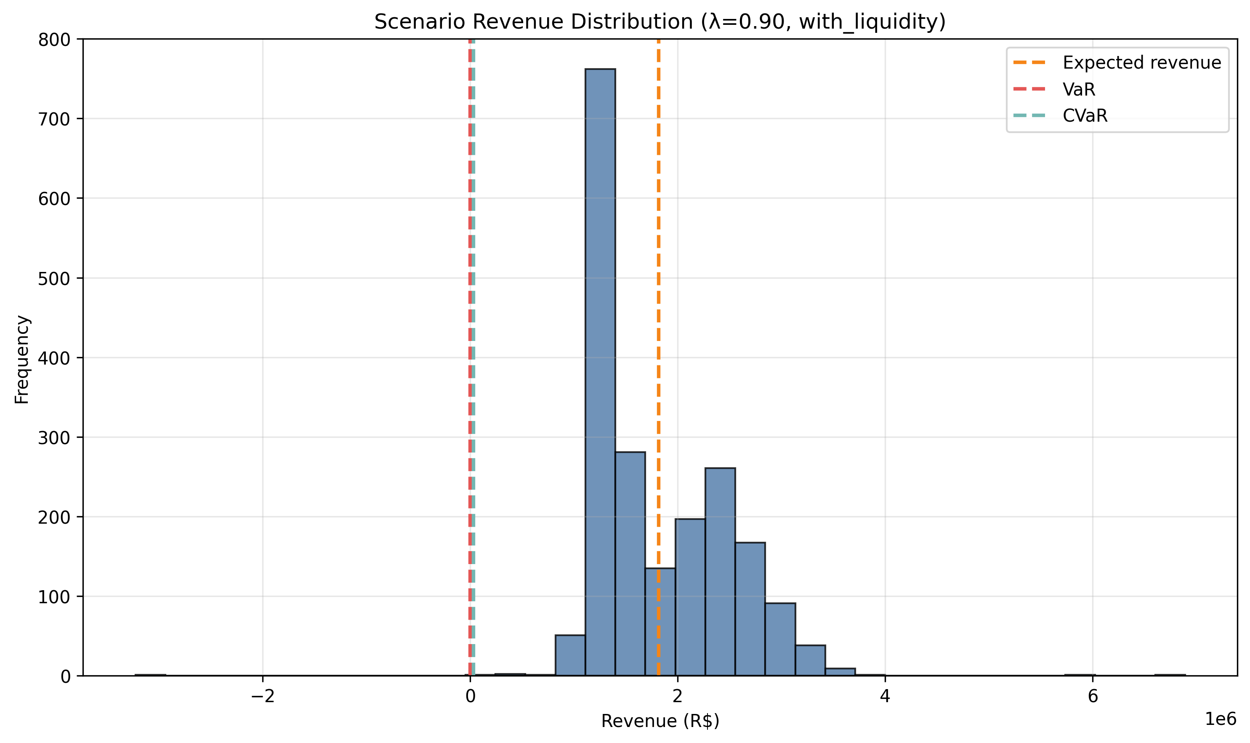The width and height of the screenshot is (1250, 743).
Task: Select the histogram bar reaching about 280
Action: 630,563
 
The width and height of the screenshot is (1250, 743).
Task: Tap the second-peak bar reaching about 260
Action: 720,571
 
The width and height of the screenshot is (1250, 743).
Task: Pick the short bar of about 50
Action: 570,655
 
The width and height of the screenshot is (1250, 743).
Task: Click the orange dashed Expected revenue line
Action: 658,301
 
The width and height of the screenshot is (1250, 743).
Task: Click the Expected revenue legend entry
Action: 1141,63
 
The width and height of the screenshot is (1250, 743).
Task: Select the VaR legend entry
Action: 1079,90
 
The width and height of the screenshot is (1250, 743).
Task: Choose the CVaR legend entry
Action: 1085,116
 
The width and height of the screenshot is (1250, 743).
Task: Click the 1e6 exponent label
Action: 1220,719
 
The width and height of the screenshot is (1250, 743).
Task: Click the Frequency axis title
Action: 22,359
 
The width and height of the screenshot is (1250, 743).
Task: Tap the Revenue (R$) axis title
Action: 660,721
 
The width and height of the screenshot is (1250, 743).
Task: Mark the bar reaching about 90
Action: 780,639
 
